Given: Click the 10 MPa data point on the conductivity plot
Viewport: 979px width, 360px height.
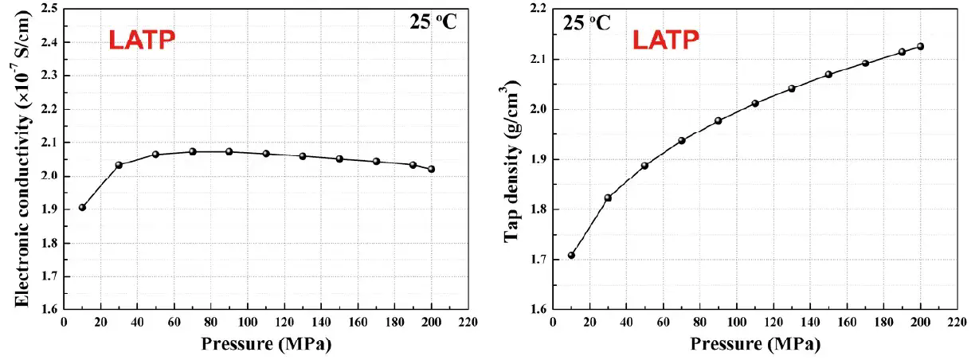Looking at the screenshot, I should (x=82, y=208).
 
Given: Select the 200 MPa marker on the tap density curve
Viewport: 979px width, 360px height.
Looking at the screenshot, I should (x=921, y=46).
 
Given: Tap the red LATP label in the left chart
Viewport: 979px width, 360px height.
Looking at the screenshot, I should (x=141, y=40).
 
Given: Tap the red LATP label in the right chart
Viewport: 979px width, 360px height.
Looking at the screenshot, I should (x=666, y=40).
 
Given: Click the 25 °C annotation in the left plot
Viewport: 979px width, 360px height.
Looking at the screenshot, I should (x=428, y=22).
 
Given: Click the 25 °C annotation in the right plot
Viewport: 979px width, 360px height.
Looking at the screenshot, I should (x=587, y=22).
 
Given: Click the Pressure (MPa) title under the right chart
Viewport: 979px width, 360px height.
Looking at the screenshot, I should (x=754, y=344).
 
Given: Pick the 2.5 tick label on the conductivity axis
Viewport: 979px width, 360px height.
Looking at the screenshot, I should (x=49, y=9).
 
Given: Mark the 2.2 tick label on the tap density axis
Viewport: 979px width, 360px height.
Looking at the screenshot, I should (x=538, y=9).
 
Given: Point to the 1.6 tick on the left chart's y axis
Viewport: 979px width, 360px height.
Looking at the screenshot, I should (x=49, y=310).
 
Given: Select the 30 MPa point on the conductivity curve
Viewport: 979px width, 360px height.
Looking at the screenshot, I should (x=119, y=165).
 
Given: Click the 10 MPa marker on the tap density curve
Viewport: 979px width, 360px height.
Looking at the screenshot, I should (x=571, y=256).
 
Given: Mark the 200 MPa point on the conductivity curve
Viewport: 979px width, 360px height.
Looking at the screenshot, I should (x=432, y=169).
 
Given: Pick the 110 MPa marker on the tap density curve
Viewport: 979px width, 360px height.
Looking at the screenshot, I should (x=755, y=104).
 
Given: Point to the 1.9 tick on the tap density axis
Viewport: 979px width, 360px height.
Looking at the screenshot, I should (x=538, y=159).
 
